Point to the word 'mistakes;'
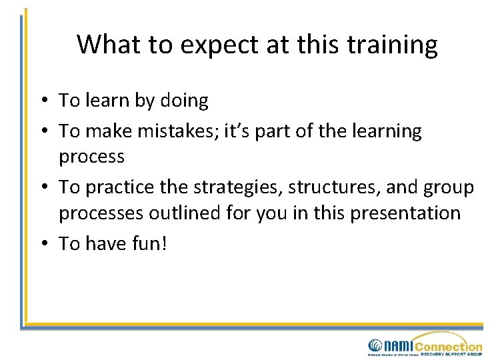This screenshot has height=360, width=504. point(177,131)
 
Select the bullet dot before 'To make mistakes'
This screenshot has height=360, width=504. point(42,132)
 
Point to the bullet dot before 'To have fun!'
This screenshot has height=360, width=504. point(42,245)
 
